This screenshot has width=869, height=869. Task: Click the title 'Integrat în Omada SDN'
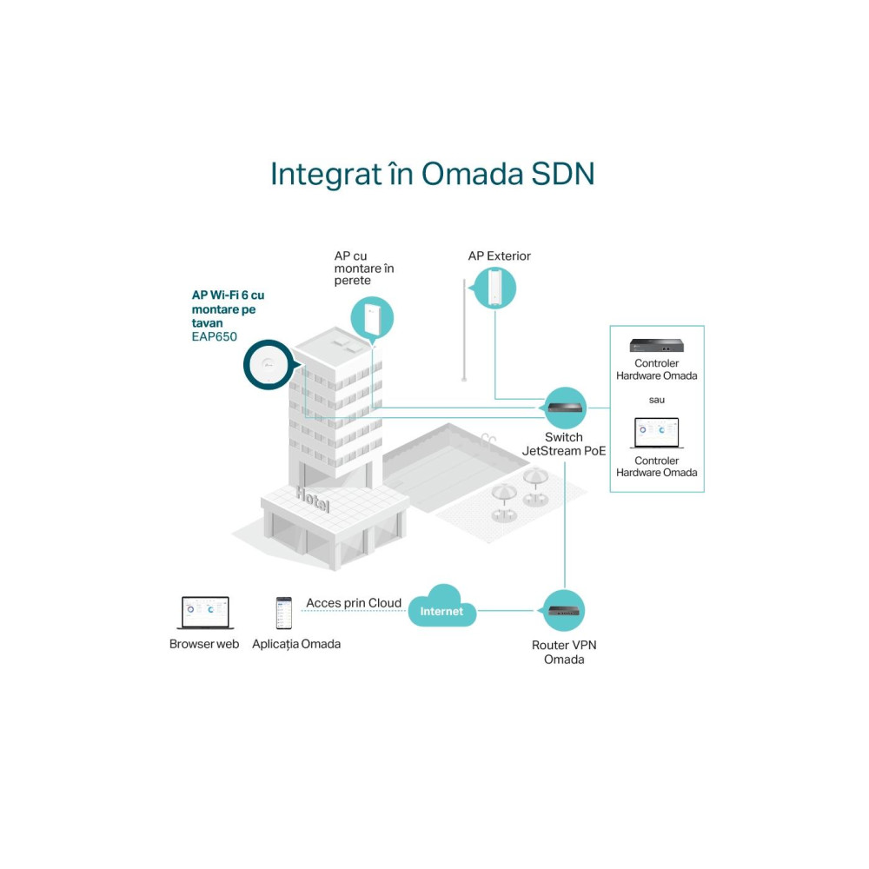pyautogui.click(x=432, y=174)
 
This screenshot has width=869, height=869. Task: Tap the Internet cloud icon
pyautogui.click(x=442, y=607)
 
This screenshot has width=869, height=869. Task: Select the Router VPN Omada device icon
pyautogui.click(x=564, y=611)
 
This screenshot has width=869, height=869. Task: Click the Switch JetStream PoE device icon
pyautogui.click(x=565, y=408)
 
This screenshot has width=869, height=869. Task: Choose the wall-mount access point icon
pyautogui.click(x=373, y=318)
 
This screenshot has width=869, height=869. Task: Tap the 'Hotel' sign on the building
pyautogui.click(x=313, y=500)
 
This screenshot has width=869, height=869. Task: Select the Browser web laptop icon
pyautogui.click(x=205, y=613)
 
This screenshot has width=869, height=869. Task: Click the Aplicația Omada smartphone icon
pyautogui.click(x=284, y=613)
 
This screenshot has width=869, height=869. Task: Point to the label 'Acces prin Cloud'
pyautogui.click(x=354, y=603)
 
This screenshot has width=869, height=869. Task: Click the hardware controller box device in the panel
pyautogui.click(x=657, y=345)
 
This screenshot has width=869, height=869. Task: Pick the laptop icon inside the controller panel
pyautogui.click(x=657, y=433)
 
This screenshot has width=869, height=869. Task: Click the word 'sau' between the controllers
pyautogui.click(x=657, y=400)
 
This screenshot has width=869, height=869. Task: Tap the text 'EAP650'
pyautogui.click(x=215, y=336)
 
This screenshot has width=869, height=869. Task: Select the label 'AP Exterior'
pyautogui.click(x=500, y=256)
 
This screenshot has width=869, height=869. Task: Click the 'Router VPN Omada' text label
pyautogui.click(x=564, y=653)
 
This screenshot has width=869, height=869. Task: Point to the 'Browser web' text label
pyautogui.click(x=204, y=644)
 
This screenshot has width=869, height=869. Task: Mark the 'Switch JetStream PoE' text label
pyautogui.click(x=564, y=444)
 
